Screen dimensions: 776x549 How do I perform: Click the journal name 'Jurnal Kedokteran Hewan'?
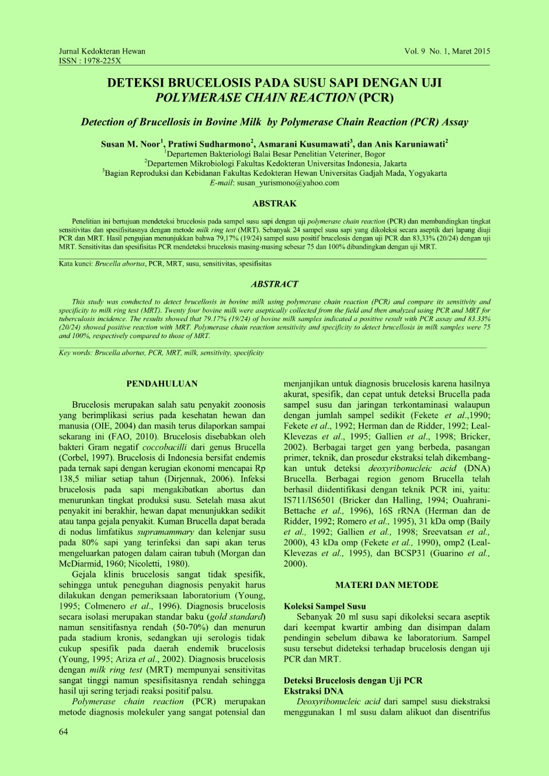[x=102, y=51]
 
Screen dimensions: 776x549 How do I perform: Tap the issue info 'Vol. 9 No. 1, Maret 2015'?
[x=447, y=51]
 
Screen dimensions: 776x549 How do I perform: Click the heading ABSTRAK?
[x=274, y=204]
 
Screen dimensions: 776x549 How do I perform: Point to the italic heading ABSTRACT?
[x=274, y=284]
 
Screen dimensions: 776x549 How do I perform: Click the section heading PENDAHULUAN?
[x=162, y=384]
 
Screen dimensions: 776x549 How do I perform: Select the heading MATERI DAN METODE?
[x=387, y=585]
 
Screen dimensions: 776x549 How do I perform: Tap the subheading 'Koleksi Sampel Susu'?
[x=325, y=607]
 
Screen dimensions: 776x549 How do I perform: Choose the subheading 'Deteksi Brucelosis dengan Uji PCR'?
[x=353, y=681]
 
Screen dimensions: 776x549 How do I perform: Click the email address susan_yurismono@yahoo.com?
[x=288, y=183]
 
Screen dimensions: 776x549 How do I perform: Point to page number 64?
[x=63, y=732]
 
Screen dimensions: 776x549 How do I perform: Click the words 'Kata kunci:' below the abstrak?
[x=76, y=264]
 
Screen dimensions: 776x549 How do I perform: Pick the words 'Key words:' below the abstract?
[x=75, y=353]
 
